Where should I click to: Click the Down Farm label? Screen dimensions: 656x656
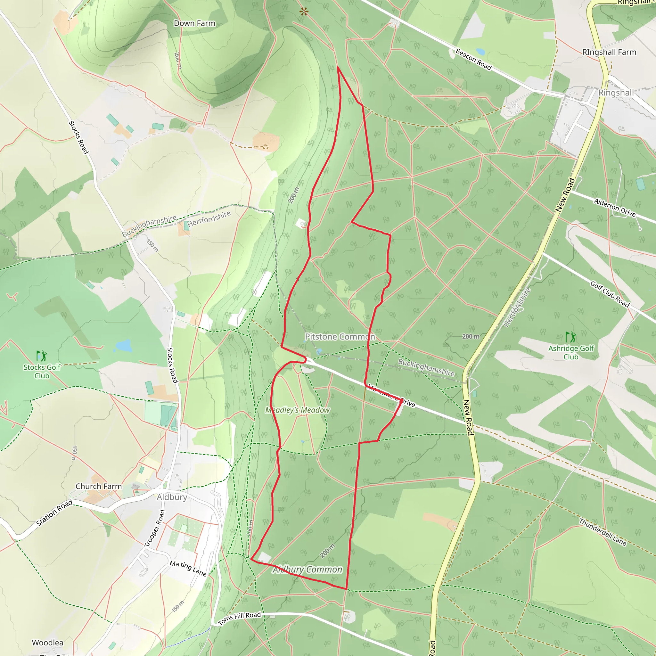point(194,23)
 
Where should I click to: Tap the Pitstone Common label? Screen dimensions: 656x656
point(340,337)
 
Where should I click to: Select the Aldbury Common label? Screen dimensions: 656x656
point(307,570)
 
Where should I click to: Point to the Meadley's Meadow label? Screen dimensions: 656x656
point(298,410)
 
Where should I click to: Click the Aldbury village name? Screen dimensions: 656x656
point(172,497)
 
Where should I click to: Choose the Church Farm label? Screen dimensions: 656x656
point(98,486)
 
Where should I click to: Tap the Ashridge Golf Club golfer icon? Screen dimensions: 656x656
point(571,337)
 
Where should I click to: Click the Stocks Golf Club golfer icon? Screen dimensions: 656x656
point(42,356)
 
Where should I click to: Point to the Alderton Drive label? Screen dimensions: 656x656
point(615,208)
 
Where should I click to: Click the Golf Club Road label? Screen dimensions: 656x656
point(610,294)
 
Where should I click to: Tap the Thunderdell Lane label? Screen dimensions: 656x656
point(603,532)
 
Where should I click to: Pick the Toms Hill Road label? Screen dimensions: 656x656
point(239,618)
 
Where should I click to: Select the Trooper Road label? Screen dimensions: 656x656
point(154,528)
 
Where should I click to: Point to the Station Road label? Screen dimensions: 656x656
point(54,513)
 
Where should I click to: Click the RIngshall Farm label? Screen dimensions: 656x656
point(609,52)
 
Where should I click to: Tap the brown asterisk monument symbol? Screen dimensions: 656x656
point(304,12)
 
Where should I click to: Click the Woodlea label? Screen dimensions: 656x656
point(47,643)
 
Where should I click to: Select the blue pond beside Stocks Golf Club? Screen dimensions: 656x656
point(123,346)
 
